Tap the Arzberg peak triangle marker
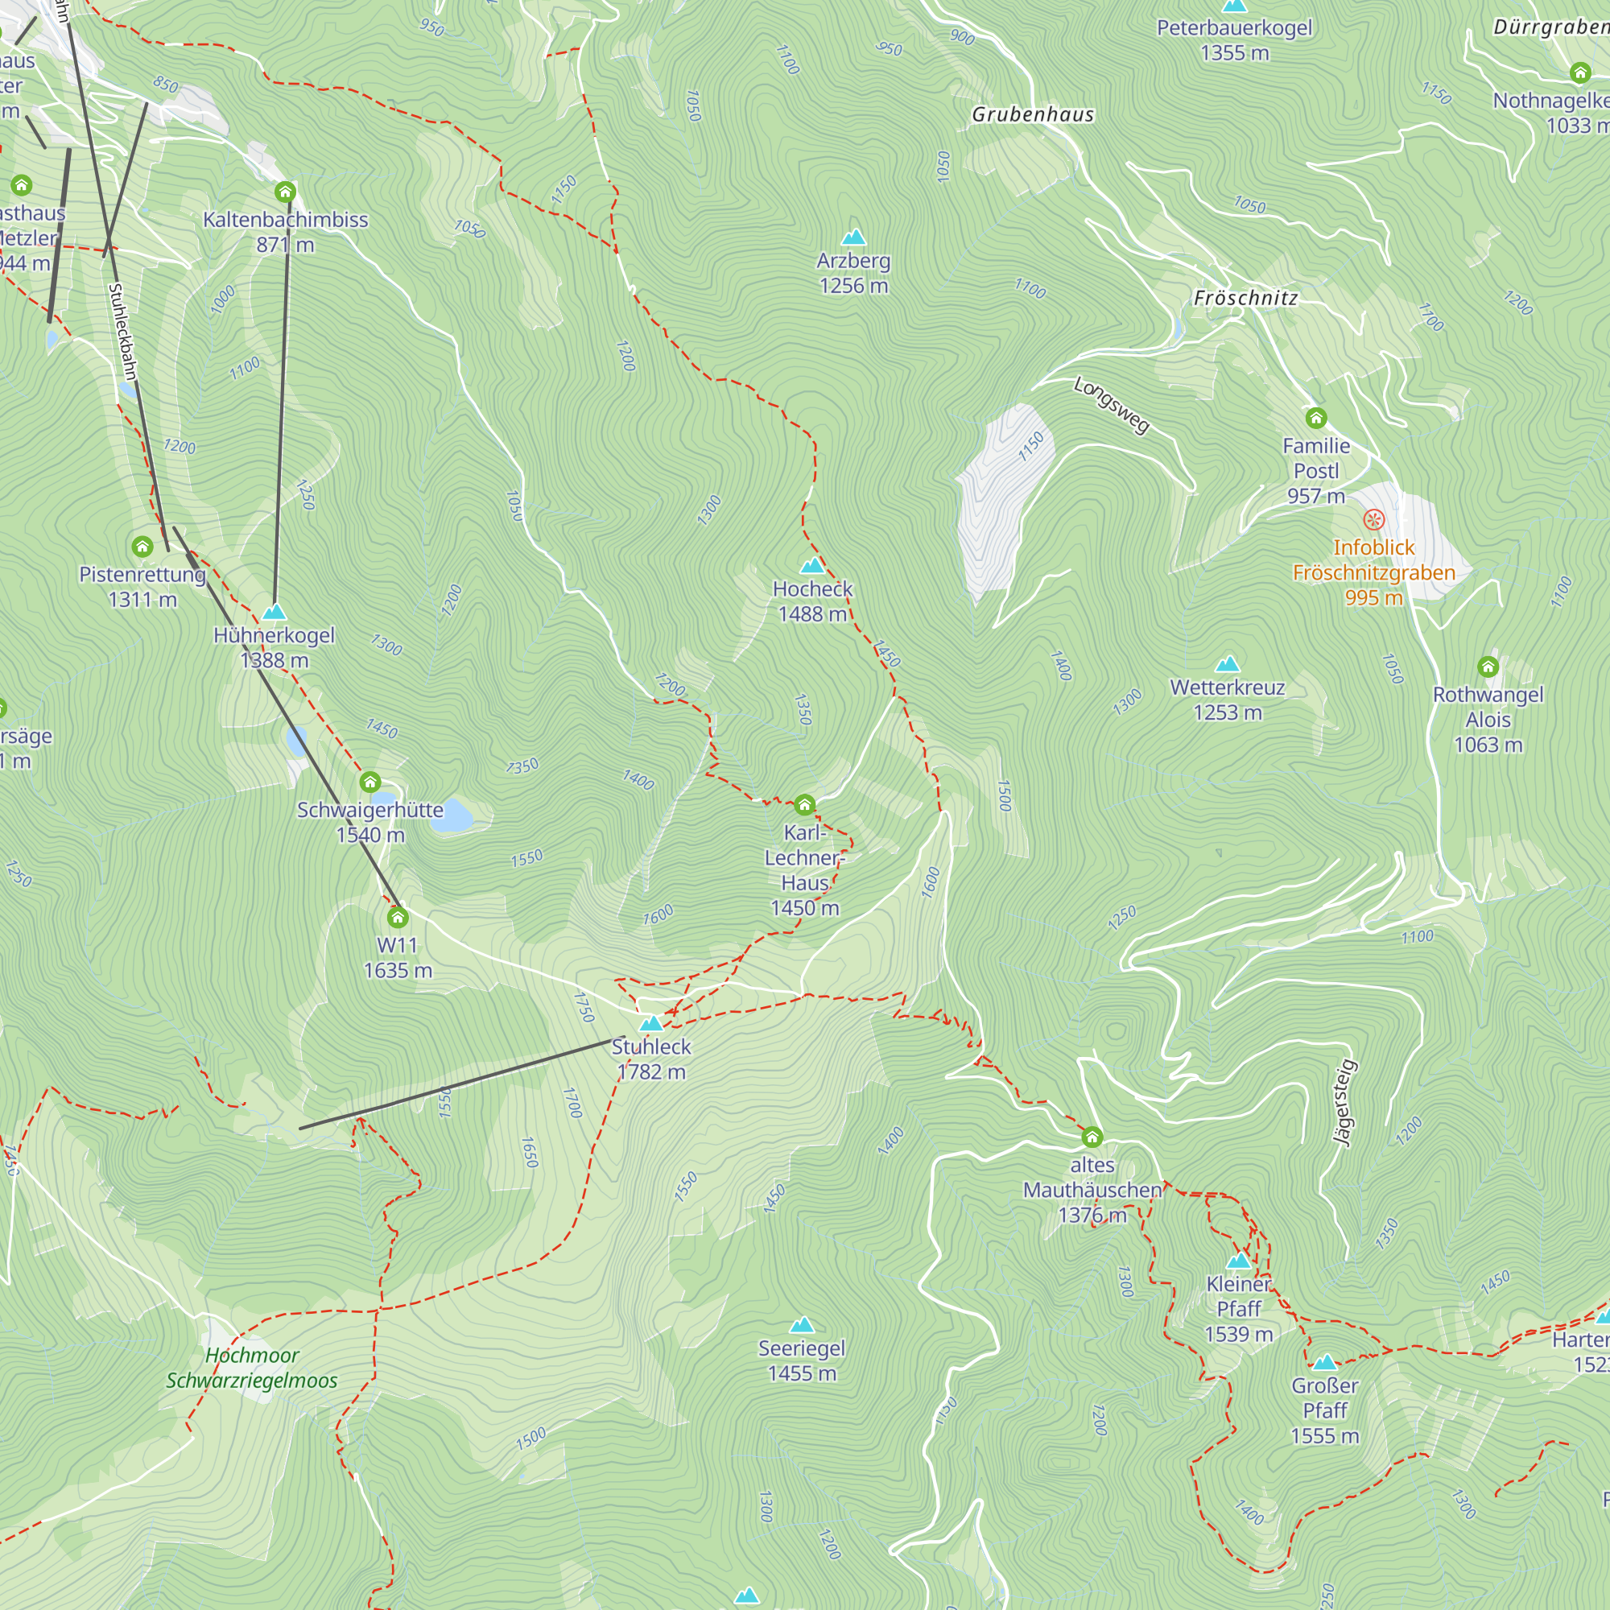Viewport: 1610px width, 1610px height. pos(853,237)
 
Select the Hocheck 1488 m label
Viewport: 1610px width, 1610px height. pos(812,601)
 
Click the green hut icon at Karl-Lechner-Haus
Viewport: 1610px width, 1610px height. pos(804,804)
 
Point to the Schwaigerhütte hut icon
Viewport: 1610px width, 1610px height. pos(370,782)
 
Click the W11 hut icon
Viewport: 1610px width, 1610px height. pos(398,918)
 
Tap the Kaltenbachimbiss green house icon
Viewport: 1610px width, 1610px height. pos(285,192)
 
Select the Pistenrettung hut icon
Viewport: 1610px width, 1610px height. pos(142,547)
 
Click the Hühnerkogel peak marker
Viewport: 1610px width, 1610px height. pos(275,613)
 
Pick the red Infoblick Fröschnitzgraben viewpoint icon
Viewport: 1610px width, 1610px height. pos(1373,520)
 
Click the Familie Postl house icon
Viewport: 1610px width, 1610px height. pos(1316,418)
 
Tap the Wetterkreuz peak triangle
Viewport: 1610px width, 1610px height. pos(1228,664)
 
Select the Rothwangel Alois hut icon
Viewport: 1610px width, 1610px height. pos(1488,666)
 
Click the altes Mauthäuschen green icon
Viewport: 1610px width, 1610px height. pos(1092,1137)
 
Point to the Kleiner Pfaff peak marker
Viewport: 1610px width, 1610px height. pos(1239,1260)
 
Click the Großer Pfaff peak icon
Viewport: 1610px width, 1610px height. pos(1324,1363)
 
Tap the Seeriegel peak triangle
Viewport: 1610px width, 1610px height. pos(802,1325)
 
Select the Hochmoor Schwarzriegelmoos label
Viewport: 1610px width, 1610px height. pos(252,1368)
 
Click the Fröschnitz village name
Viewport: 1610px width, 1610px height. pos(1245,298)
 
